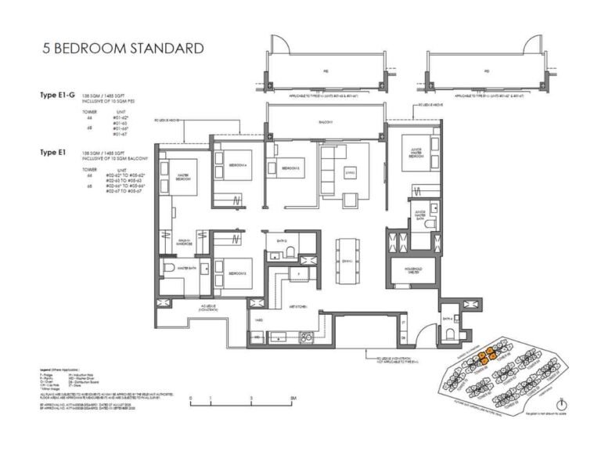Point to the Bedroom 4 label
tap(237, 165)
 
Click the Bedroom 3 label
tap(238, 273)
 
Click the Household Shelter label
tap(414, 272)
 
